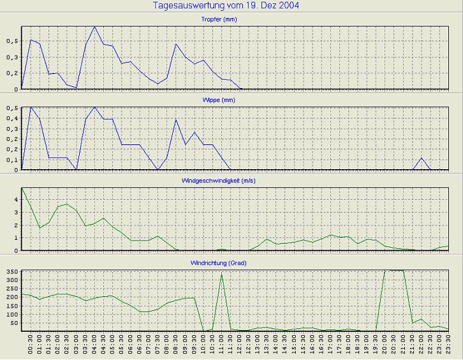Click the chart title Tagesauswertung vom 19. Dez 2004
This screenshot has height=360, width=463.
point(227,6)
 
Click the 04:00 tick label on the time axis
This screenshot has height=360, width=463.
point(94,343)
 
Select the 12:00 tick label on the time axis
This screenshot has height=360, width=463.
point(240,343)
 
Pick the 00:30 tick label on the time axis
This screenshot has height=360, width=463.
point(31,343)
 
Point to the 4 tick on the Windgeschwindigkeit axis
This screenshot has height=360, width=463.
point(17,200)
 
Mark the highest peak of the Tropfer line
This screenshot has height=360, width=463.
point(94,27)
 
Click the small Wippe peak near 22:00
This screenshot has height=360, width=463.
point(422,158)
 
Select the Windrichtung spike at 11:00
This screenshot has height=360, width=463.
point(221,274)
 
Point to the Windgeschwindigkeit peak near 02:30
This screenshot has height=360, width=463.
point(67,204)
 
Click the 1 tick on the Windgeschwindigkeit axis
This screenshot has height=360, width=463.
point(17,237)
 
